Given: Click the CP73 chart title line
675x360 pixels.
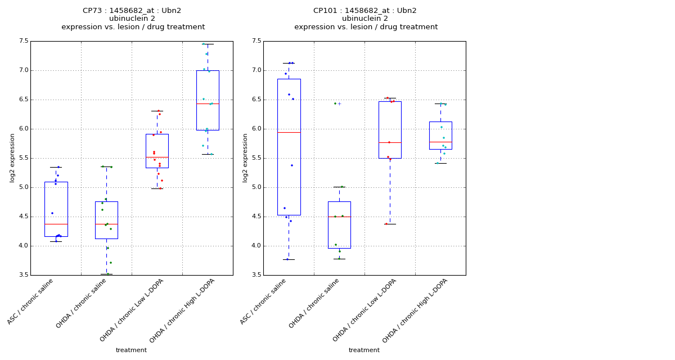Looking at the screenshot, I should [132, 11].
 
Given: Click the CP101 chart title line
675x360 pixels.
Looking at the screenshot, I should [365, 11].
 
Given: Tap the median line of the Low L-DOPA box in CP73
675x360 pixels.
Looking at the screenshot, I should [157, 157].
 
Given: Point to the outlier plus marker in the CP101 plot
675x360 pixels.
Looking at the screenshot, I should [339, 103].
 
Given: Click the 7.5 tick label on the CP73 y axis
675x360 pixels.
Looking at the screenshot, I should [23, 41].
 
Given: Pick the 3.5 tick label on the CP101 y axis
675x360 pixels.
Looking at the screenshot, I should [256, 275].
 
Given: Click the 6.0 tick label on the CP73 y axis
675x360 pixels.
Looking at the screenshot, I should [23, 129].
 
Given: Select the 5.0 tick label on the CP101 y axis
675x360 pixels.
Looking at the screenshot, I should [256, 187].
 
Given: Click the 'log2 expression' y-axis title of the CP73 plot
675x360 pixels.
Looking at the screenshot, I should [12, 157].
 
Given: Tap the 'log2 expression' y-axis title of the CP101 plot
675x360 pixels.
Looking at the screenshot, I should [245, 157].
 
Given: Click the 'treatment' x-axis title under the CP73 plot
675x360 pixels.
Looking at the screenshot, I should [131, 350].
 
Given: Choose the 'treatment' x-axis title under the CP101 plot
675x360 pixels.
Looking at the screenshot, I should [364, 350].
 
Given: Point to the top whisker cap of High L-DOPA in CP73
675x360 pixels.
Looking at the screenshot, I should [208, 44].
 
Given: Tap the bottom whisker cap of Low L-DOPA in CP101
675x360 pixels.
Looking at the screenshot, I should [390, 224].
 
